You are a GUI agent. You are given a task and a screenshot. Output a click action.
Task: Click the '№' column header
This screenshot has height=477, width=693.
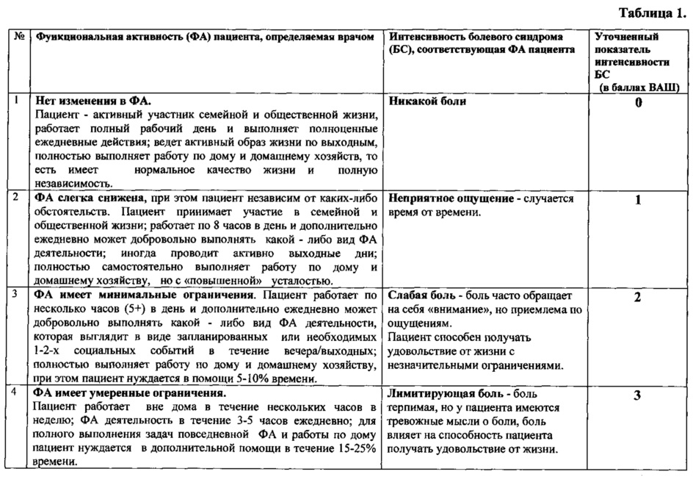click(x=16, y=36)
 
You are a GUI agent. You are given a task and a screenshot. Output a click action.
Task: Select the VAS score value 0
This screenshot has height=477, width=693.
click(x=638, y=102)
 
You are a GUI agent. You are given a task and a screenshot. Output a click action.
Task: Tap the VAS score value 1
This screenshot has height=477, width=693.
click(x=638, y=200)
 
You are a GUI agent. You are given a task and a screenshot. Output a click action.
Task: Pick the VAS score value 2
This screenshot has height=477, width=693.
click(x=638, y=297)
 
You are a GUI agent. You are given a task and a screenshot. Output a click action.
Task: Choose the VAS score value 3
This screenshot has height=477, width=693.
click(x=638, y=395)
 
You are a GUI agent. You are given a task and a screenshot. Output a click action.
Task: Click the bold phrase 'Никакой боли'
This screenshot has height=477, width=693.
click(x=428, y=101)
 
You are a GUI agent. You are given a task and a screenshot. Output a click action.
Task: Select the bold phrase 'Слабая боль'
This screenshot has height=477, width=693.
click(x=421, y=297)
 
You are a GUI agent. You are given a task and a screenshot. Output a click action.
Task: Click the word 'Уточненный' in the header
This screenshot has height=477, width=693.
click(x=625, y=36)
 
